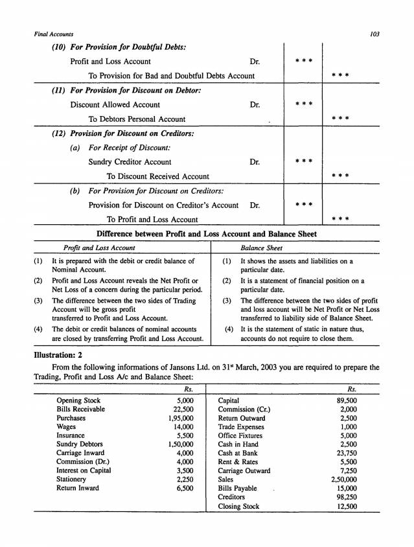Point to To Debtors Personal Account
[137, 119]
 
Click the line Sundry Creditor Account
[130, 161]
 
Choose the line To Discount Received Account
[157, 176]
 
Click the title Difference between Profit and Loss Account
[207, 234]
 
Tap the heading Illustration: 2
[60, 355]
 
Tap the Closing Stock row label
[239, 506]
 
